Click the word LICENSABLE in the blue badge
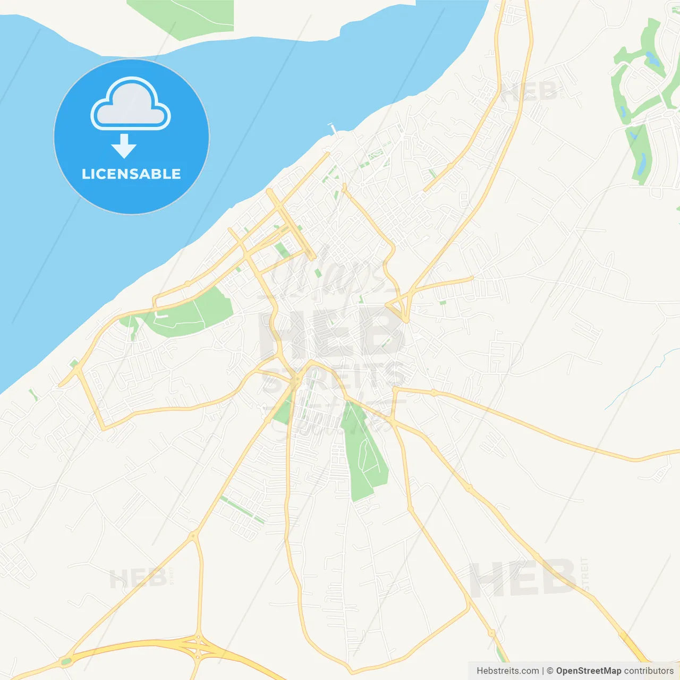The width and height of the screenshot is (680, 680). (x=131, y=174)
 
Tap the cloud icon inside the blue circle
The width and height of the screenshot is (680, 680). (x=131, y=105)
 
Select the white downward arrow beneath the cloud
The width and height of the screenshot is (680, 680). (x=124, y=146)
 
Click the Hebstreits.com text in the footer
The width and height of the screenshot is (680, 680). (x=507, y=671)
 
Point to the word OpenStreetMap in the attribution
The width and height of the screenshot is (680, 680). (x=588, y=671)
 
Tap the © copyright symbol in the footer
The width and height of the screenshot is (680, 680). (x=550, y=671)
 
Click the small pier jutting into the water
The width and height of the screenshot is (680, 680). (x=334, y=129)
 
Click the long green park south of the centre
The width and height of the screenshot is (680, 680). (x=363, y=452)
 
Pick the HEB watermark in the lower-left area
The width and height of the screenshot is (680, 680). (x=138, y=578)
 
